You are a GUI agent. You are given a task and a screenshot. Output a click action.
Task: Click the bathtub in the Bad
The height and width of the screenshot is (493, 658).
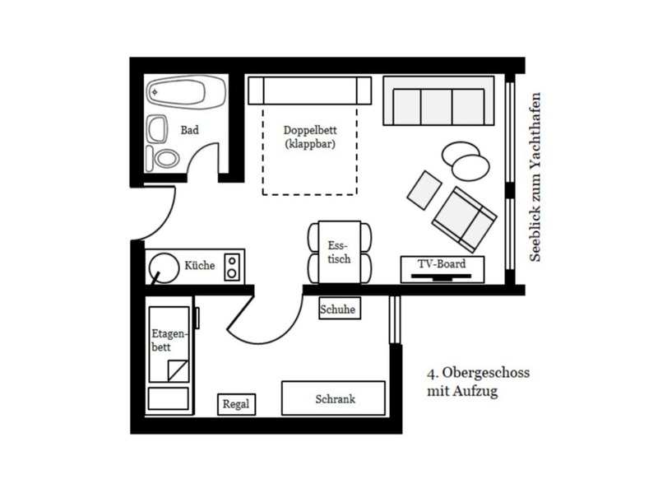186,92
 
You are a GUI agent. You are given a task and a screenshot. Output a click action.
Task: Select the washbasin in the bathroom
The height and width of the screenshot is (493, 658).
157,129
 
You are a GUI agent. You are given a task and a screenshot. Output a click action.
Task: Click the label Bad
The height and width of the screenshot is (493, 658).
190,130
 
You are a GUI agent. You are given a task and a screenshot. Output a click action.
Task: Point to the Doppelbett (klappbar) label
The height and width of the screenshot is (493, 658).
310,137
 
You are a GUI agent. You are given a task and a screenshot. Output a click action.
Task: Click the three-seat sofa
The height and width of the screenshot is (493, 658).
438,100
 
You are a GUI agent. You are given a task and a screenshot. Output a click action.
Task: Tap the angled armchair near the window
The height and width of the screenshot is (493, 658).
464,220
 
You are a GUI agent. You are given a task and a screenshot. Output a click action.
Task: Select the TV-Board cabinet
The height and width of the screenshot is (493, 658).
443,270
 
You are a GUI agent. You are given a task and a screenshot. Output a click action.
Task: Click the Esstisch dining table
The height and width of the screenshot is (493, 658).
339,252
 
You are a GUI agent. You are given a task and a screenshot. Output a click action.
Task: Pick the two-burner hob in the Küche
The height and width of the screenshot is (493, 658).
232,267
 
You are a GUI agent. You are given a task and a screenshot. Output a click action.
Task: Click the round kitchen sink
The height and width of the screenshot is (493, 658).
164,268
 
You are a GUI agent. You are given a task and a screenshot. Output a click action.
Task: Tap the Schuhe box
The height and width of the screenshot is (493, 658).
340,309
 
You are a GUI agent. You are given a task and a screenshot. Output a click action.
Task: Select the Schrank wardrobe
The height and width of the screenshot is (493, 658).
333,398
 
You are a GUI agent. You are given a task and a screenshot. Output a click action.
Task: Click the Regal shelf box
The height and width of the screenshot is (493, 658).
236,404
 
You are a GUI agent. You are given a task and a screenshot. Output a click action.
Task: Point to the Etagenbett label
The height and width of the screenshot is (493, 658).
169,340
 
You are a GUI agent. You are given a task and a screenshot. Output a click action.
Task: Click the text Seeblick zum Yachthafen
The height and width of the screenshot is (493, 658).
535,177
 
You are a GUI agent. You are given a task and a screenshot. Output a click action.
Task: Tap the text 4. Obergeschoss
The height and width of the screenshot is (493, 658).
479,373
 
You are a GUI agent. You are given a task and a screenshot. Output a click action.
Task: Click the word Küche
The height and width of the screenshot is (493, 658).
200,265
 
